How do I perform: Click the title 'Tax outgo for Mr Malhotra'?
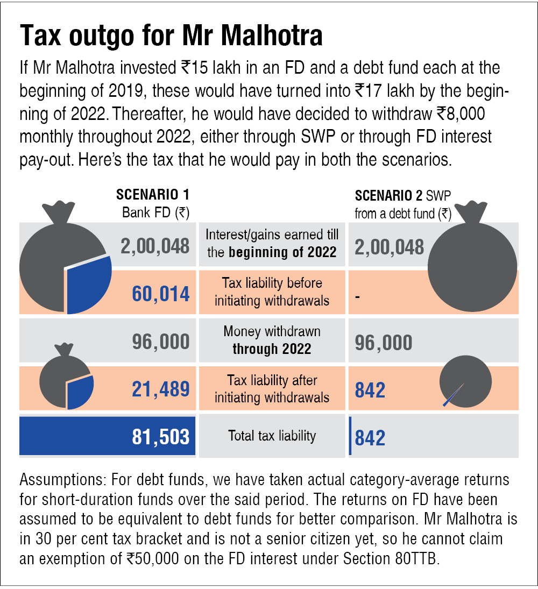[x=171, y=36]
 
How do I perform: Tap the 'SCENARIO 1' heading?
[x=153, y=194]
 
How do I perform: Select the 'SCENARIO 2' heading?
[x=388, y=195]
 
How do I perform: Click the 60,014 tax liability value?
[x=160, y=294]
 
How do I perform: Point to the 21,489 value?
[x=160, y=389]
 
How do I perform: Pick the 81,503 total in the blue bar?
[x=160, y=437]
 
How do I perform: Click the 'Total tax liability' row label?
[x=272, y=436]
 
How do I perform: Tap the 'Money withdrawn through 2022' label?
[x=272, y=340]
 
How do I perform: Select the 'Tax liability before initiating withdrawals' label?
[x=272, y=292]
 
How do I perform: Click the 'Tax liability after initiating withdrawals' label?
[x=272, y=389]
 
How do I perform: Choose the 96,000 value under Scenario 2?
[x=384, y=343]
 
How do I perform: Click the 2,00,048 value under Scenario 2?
[x=390, y=247]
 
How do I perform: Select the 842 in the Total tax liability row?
[x=370, y=437]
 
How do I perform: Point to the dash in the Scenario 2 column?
[x=357, y=296]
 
